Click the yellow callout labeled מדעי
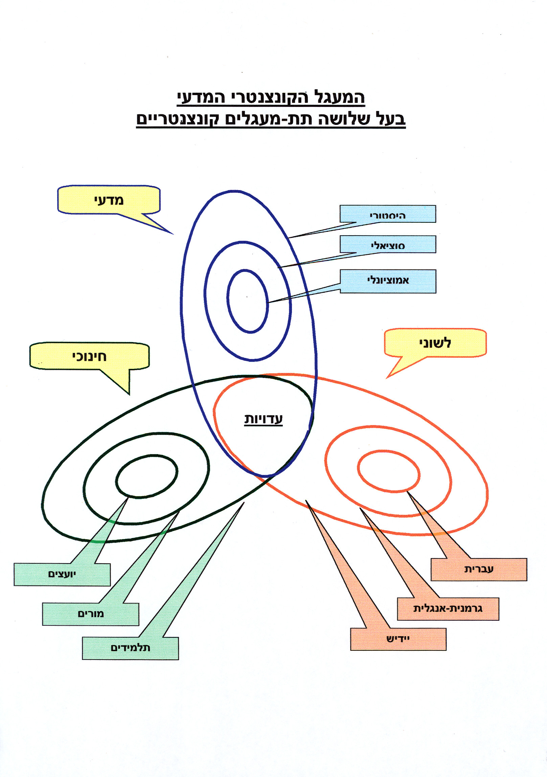(x=109, y=200)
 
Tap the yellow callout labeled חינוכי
(x=89, y=356)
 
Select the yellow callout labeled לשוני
(x=435, y=343)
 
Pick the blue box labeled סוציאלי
(x=388, y=245)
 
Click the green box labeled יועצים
(x=62, y=574)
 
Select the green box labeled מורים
(x=91, y=614)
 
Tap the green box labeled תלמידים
(x=130, y=648)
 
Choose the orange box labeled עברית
(x=479, y=569)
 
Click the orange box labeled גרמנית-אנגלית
(x=448, y=608)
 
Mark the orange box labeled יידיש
(x=398, y=639)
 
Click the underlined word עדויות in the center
(x=263, y=419)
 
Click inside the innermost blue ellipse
(x=248, y=301)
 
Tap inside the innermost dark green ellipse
(x=146, y=476)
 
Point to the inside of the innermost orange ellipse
(x=389, y=471)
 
